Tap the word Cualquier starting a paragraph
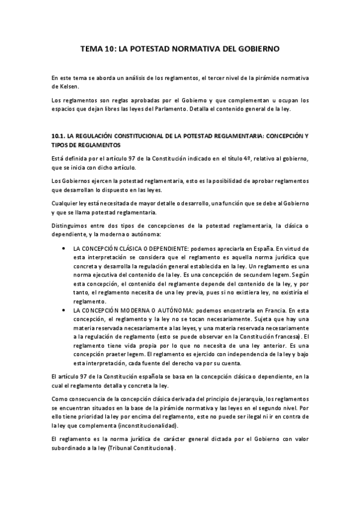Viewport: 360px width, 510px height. point(64,203)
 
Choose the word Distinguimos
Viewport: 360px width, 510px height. point(70,224)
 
